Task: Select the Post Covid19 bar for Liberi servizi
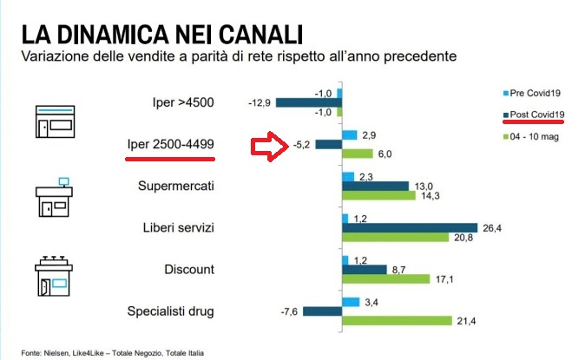pos(409,228)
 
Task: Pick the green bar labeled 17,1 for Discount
pos(385,279)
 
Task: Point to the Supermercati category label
pos(176,187)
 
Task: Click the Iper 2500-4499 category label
pos(170,144)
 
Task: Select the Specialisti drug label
pos(172,311)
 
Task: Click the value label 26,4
pos(491,228)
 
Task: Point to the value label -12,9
pos(260,102)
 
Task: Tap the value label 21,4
pos(467,321)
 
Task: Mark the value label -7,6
pos(296,311)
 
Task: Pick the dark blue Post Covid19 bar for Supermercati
pos(375,186)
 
